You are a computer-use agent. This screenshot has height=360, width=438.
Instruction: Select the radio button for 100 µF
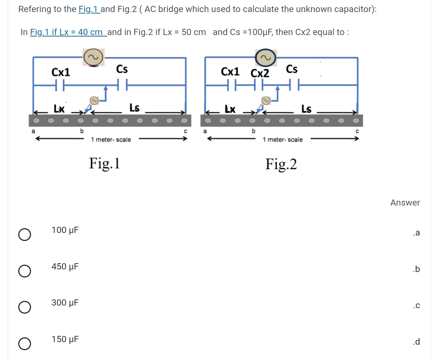coord(24,235)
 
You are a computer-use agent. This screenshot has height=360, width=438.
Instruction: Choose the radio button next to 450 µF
coord(24,271)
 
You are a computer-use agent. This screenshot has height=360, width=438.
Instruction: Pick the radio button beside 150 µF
coord(24,344)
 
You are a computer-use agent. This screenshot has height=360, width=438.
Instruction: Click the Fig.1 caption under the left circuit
coord(104,163)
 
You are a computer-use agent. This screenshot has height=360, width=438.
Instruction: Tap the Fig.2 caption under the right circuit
coord(281,164)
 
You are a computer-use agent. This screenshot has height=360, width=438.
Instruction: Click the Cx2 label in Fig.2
coord(260,73)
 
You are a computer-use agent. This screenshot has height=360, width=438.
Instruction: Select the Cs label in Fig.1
coord(122,69)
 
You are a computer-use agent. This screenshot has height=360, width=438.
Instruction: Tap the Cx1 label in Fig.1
coord(61,72)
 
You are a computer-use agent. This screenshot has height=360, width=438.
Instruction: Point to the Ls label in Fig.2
coord(306,108)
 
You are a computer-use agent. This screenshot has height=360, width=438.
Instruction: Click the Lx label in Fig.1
coord(59,108)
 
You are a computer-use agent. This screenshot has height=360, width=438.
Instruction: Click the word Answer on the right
coord(405,203)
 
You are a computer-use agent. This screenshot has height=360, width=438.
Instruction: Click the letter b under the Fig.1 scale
coord(82,130)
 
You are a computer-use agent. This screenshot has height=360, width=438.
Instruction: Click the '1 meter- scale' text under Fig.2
coord(283,139)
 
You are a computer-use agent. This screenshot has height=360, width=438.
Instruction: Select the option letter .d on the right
coord(416,342)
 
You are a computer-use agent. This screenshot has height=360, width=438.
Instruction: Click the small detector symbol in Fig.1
coord(94,100)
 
